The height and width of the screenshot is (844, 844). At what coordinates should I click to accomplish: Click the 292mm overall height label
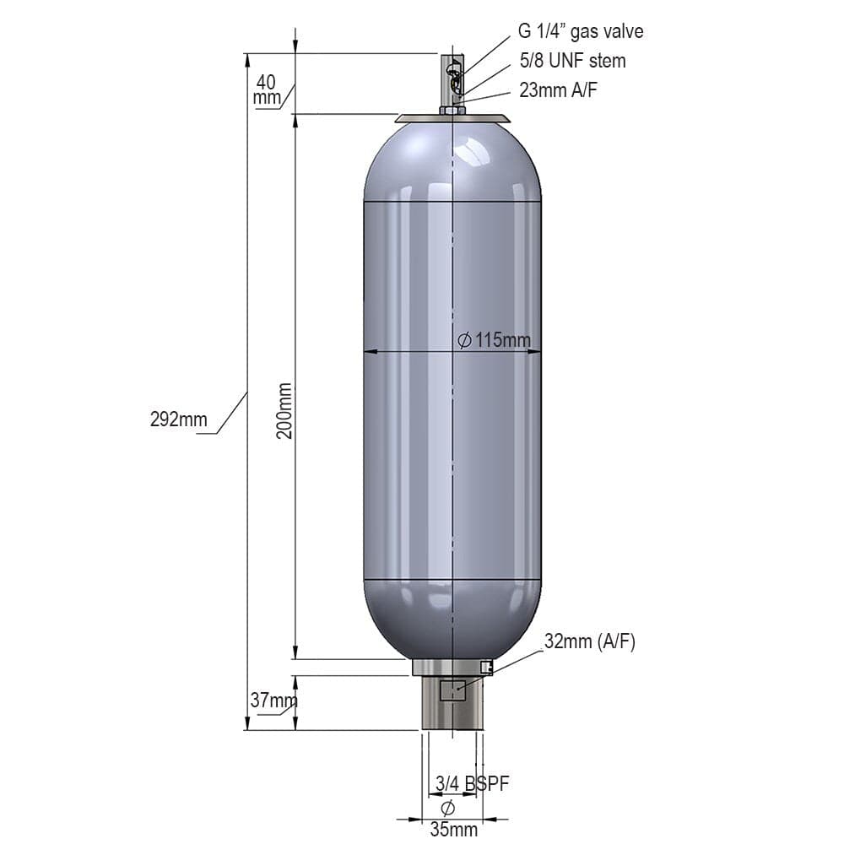[179, 419]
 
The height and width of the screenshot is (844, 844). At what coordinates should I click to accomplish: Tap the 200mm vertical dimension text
[284, 411]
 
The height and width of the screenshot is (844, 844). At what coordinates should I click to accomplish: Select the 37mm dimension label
[273, 701]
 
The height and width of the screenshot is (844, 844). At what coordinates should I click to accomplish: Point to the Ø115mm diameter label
[494, 340]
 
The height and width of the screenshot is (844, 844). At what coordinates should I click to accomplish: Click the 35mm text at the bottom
[454, 830]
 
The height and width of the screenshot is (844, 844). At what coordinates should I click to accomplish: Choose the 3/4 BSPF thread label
[472, 784]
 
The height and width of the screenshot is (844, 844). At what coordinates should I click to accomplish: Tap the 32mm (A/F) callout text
[590, 641]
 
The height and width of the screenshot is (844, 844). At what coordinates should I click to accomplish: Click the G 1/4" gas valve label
[581, 31]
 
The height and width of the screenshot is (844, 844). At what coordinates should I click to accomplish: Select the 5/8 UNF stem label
[573, 61]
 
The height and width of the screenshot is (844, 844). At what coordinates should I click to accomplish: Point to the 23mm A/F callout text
[558, 90]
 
